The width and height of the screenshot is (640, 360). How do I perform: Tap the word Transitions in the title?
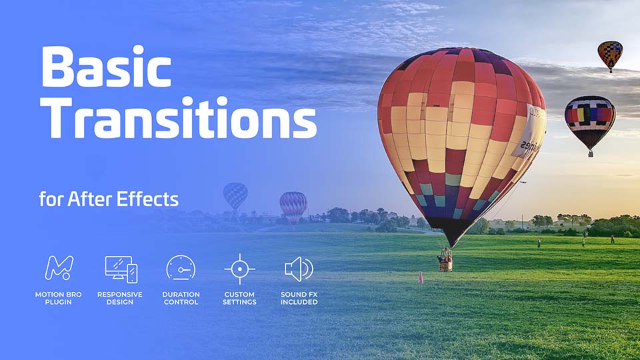[x=179, y=120]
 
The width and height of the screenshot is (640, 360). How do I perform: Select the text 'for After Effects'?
[x=109, y=199]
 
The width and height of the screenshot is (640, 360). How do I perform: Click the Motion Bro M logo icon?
[x=59, y=268]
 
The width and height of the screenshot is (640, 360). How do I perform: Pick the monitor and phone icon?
[x=121, y=269]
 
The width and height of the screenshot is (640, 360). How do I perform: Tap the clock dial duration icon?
[x=180, y=269]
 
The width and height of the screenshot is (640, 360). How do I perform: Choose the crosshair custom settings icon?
[x=240, y=269]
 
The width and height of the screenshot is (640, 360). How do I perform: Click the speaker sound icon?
[x=298, y=269]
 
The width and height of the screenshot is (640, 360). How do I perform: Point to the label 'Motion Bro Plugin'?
[x=59, y=298]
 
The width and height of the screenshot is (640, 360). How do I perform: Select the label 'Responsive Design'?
[x=120, y=298]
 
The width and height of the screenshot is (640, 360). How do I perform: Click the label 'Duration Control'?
[x=180, y=298]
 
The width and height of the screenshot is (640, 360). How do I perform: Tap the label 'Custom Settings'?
[x=240, y=298]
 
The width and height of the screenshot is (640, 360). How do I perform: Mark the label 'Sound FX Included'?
[x=299, y=298]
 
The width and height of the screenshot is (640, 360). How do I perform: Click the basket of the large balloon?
[x=445, y=261]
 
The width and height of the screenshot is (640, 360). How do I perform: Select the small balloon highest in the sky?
[x=609, y=55]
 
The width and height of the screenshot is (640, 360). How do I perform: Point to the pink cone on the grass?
[x=421, y=277]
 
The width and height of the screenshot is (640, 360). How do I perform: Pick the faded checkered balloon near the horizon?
[x=235, y=195]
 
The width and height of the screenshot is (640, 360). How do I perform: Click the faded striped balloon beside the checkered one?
[x=293, y=205]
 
